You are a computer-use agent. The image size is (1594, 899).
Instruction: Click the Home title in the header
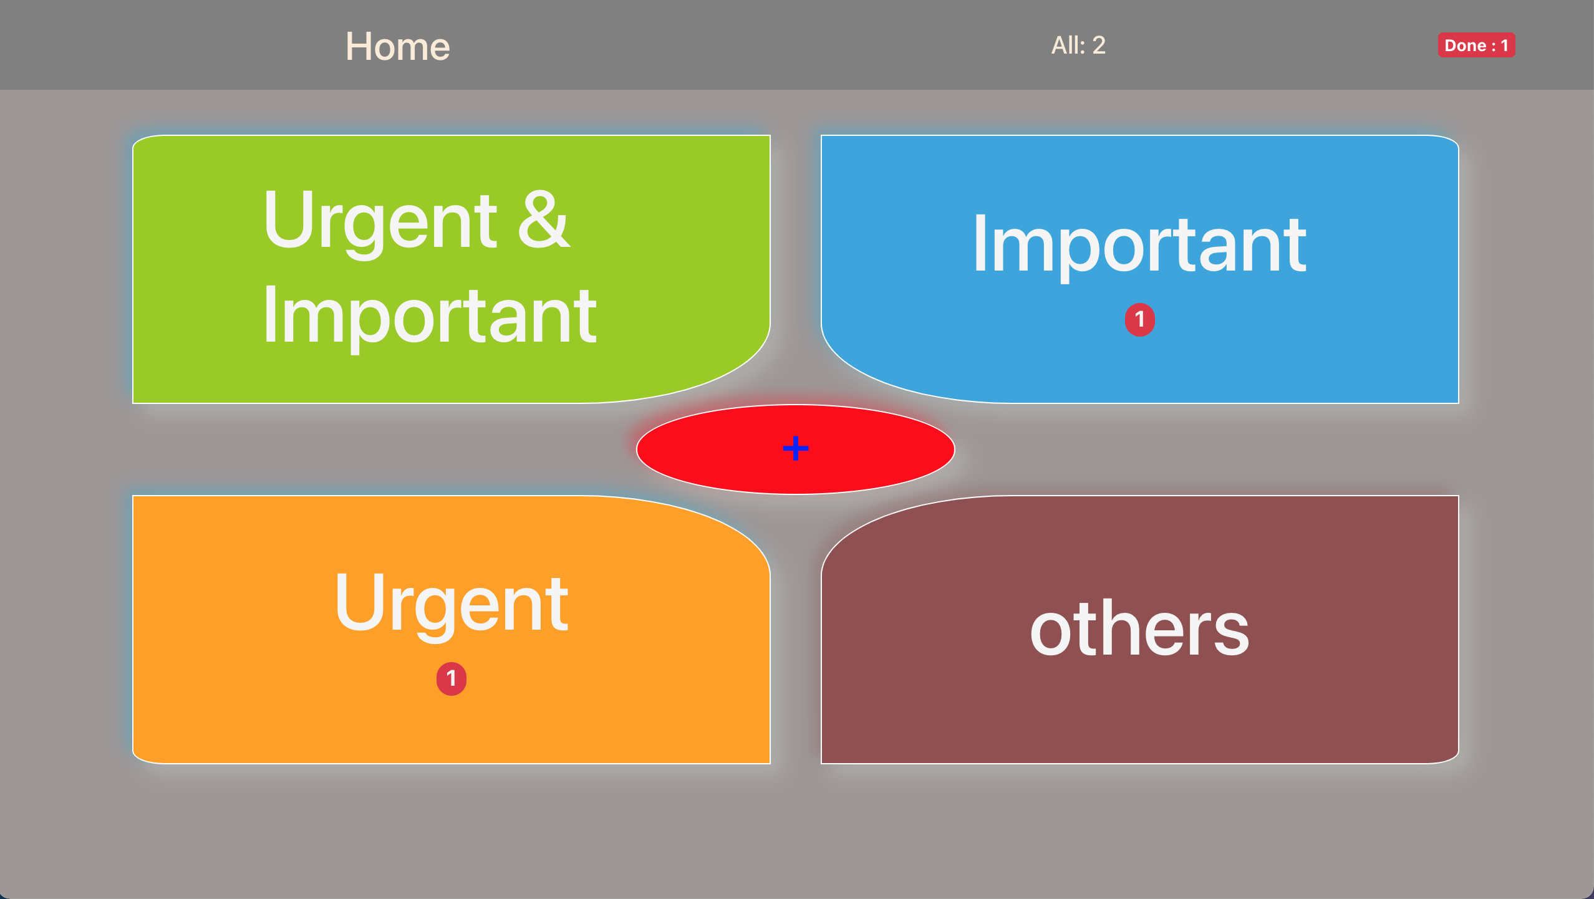(398, 46)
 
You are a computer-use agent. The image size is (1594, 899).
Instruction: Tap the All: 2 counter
(1078, 45)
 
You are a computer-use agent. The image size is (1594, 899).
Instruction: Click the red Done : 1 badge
(1476, 45)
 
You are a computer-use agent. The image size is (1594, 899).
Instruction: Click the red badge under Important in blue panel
(1139, 320)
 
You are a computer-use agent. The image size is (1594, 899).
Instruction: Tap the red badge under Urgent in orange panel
(451, 678)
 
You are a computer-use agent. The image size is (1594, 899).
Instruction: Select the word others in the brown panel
(1139, 628)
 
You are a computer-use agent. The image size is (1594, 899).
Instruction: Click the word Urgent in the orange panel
(451, 605)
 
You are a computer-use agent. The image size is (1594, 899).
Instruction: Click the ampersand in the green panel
(544, 219)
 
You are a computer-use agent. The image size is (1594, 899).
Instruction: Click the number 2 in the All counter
(1099, 45)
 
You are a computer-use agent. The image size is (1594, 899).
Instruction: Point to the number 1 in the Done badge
(1505, 46)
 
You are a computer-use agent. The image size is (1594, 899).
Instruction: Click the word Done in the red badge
(1466, 46)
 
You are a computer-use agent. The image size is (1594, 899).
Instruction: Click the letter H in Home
(359, 46)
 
